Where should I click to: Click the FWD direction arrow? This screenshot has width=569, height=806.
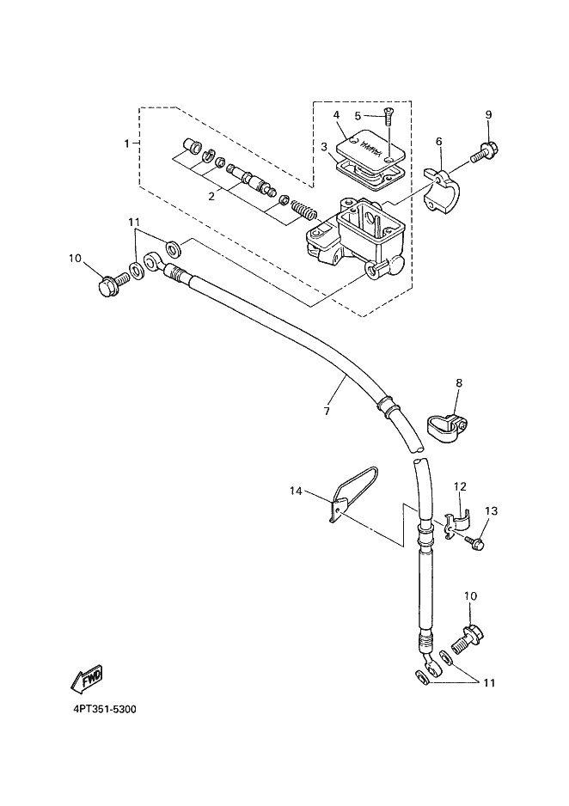86,679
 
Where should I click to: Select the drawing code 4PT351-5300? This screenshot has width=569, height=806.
104,710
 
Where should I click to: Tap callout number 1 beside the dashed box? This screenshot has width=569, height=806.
127,143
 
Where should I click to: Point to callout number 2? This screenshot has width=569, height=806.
211,197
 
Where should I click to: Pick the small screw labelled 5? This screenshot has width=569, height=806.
388,118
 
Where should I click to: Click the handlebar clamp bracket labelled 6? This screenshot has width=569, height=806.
442,190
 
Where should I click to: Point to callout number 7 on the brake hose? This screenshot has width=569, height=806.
327,412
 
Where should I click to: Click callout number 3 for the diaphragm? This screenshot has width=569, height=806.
324,147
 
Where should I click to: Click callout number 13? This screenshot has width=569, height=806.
492,511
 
